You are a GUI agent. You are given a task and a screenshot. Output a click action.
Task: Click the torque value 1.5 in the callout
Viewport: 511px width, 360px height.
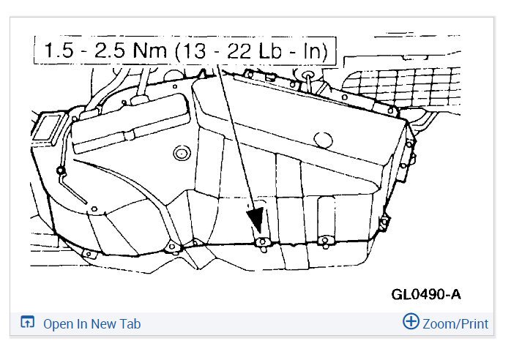point(59,50)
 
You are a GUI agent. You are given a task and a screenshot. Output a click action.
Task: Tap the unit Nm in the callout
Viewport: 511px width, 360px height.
point(150,50)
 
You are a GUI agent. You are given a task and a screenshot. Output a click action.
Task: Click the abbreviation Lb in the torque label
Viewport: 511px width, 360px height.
point(270,50)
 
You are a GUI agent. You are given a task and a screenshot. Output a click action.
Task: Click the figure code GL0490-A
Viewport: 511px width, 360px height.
point(426,295)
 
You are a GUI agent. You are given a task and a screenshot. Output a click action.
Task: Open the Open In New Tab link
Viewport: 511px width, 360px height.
point(92,324)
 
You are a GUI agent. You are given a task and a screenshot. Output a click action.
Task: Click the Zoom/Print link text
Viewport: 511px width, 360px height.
point(455,324)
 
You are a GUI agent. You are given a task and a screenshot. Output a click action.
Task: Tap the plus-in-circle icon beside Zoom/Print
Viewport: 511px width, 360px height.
point(411,321)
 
